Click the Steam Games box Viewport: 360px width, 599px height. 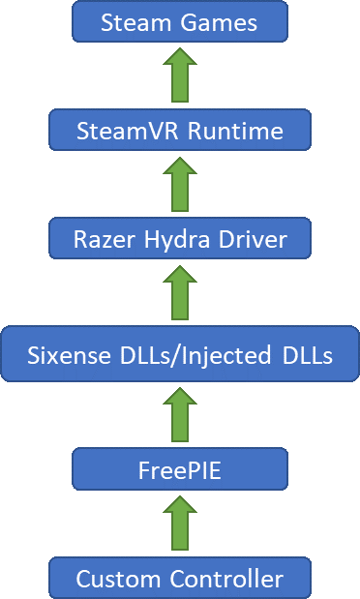pos(180,21)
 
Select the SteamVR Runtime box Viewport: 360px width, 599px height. pos(180,130)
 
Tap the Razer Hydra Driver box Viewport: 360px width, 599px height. pos(180,238)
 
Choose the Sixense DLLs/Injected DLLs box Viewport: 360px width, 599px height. pos(180,356)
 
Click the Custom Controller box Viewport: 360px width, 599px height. pos(180,579)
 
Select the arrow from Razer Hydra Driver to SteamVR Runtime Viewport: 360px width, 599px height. pos(180,184)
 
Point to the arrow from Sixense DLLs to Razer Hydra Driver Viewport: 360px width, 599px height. pos(180,295)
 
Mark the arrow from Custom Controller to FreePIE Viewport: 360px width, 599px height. pos(180,524)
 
